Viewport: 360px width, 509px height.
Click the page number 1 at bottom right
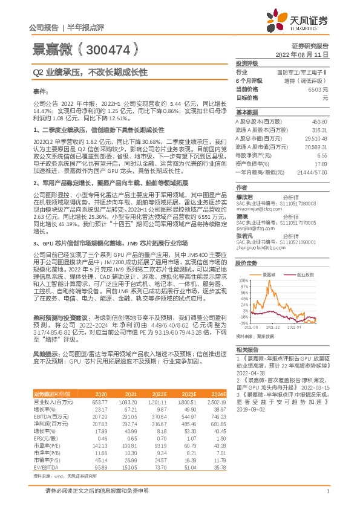point(327,498)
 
